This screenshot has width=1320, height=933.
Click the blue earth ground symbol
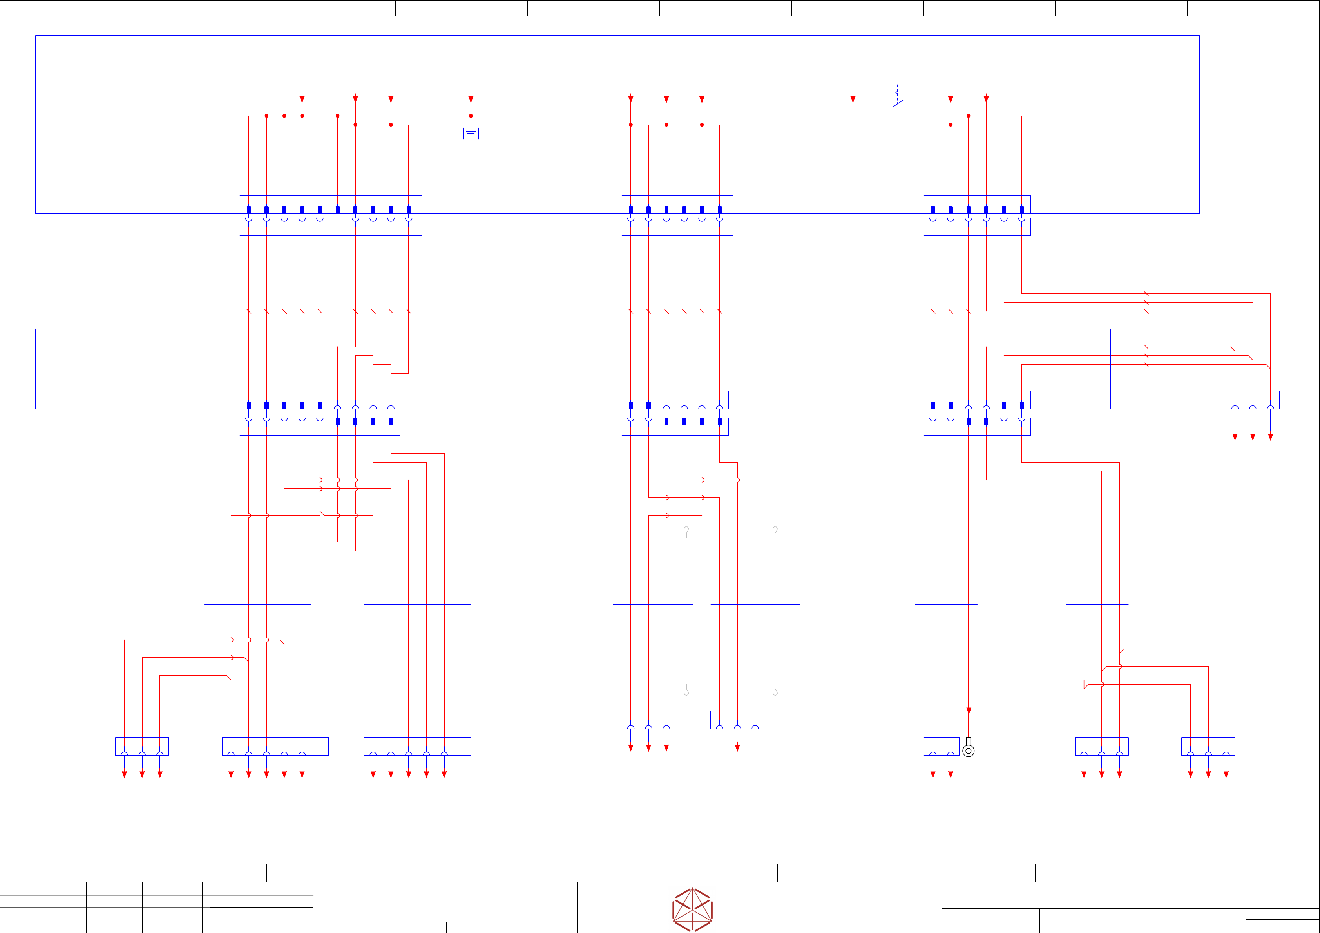471,133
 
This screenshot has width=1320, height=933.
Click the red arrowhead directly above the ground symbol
471,99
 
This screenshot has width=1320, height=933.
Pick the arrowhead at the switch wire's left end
853,99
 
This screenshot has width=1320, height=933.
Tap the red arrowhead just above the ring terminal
969,711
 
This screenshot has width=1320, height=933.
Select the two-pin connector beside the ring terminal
941,746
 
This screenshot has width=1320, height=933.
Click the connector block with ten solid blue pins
331,204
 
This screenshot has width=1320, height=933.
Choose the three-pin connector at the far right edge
1252,400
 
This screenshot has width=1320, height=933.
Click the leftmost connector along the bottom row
142,746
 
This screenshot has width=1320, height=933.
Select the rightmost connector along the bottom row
1208,746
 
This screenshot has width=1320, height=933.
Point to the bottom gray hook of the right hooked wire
775,690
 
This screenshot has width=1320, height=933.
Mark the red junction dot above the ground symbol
471,116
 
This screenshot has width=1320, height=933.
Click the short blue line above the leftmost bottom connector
138,702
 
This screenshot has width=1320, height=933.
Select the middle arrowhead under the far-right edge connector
1253,437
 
